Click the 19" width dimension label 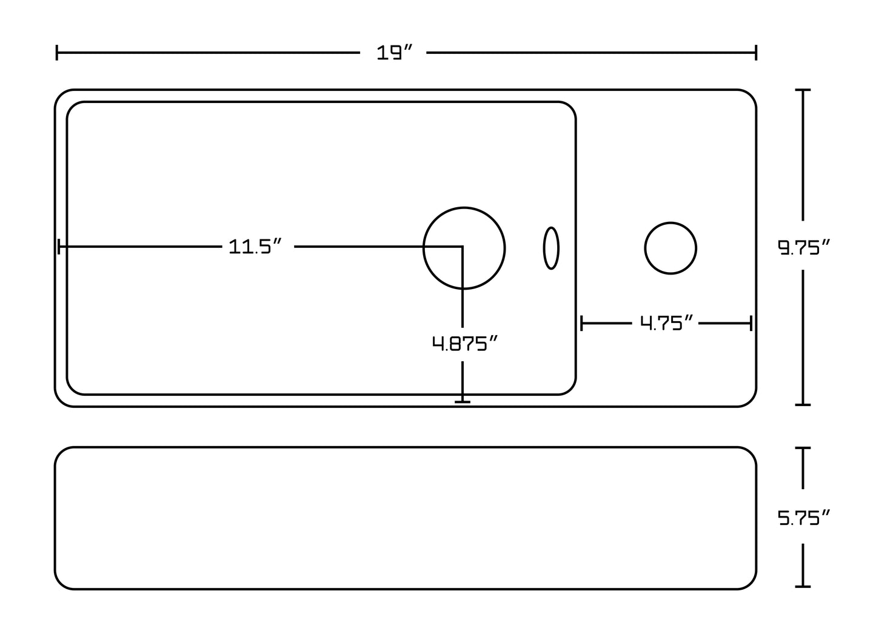point(394,52)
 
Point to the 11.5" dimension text point(255,246)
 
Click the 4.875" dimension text point(464,343)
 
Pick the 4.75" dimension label point(666,322)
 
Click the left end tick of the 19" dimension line point(57,52)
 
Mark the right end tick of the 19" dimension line point(757,52)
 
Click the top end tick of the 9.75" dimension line point(803,90)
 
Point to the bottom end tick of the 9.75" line point(803,405)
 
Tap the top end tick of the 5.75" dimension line point(803,448)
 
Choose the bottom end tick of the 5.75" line point(803,587)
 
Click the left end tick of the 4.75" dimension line point(581,324)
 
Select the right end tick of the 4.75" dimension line point(751,324)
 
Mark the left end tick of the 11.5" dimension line point(59,247)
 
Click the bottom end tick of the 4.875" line point(463,402)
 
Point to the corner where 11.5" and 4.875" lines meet point(463,247)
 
